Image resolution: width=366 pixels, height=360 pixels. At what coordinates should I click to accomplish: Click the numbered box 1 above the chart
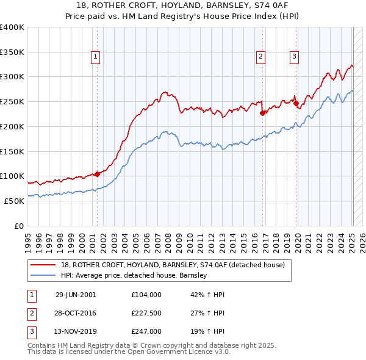(96, 57)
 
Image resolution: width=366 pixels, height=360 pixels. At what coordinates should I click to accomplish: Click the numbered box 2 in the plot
(260, 57)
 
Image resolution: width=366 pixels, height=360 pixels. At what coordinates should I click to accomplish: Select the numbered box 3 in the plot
(294, 57)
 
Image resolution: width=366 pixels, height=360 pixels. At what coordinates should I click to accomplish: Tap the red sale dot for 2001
(97, 174)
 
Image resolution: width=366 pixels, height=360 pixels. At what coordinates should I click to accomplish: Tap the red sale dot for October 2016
(262, 113)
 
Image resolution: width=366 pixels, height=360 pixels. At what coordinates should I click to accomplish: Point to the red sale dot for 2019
(296, 103)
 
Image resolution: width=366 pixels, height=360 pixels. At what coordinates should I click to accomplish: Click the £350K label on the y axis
(12, 52)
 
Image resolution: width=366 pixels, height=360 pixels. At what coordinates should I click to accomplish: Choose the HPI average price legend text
(134, 276)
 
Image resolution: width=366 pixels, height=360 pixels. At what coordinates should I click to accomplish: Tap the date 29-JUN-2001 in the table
(76, 295)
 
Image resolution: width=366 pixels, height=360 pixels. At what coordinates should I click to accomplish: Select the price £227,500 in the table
(146, 313)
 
